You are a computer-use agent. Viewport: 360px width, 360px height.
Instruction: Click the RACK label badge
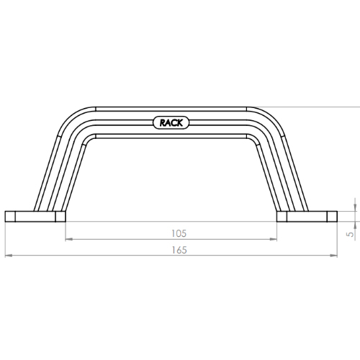[x=171, y=123]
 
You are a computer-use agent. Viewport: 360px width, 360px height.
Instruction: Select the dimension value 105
[x=179, y=233]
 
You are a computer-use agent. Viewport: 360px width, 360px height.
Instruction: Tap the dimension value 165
[x=179, y=250]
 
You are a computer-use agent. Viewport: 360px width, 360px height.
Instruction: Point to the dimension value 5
[x=351, y=234]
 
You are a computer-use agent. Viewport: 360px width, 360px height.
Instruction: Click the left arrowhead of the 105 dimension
[x=69, y=239]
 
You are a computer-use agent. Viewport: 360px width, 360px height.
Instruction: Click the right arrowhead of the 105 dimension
[x=273, y=239]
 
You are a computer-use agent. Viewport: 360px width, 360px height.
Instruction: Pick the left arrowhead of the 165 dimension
[x=9, y=256]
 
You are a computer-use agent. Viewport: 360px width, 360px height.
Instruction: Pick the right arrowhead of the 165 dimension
[x=333, y=256]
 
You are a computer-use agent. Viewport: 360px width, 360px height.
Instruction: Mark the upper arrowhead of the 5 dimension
[x=355, y=208]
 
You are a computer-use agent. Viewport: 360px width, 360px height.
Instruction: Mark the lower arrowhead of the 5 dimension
[x=355, y=225]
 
